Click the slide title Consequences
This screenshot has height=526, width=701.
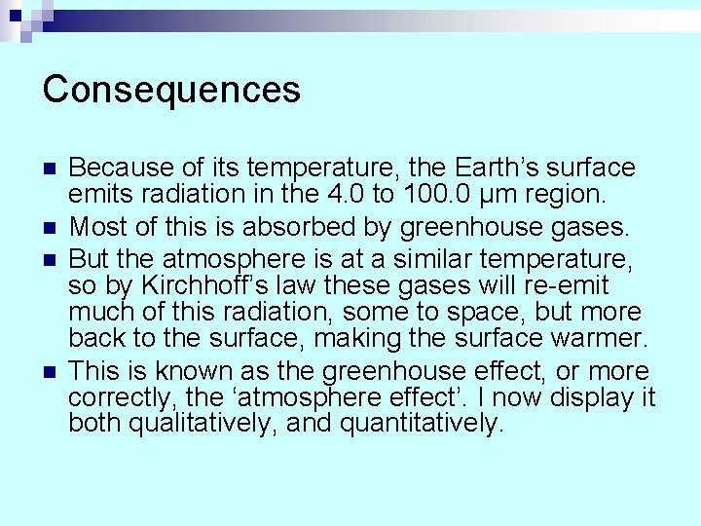tap(171, 90)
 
